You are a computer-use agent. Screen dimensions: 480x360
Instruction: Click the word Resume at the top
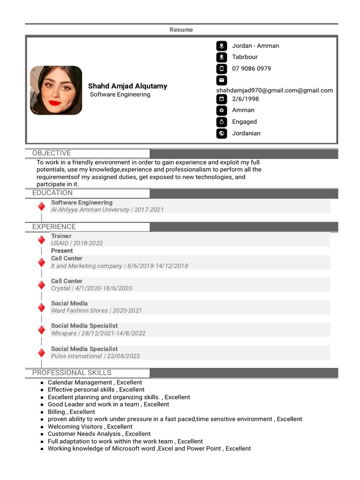click(x=181, y=30)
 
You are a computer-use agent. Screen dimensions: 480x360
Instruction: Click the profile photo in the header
click(x=56, y=90)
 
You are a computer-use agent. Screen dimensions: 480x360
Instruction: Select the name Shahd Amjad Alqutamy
click(x=127, y=86)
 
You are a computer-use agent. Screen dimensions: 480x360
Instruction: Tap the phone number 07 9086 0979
click(x=251, y=68)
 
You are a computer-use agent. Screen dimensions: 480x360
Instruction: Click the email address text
click(x=274, y=90)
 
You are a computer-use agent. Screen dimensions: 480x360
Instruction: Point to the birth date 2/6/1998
click(x=245, y=99)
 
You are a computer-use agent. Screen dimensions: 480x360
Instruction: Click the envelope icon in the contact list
click(x=221, y=80)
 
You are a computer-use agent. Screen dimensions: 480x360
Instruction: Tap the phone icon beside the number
click(x=221, y=69)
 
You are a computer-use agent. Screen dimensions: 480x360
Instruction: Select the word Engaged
click(x=244, y=121)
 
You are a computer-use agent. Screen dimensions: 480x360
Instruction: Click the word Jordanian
click(x=246, y=133)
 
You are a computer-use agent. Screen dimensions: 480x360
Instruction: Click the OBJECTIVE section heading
click(x=52, y=153)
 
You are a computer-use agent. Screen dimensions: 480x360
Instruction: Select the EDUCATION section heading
click(x=52, y=193)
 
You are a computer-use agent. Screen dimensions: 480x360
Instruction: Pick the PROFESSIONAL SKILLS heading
click(x=72, y=373)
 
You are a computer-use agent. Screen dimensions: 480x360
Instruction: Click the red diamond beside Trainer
click(x=41, y=240)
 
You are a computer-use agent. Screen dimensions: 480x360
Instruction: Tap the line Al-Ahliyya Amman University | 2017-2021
click(x=107, y=210)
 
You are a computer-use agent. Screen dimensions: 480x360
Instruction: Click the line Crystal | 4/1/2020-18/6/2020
click(x=91, y=288)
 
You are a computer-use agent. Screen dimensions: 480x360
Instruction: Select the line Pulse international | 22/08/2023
click(x=95, y=356)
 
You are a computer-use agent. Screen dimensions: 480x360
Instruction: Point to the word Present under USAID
click(x=62, y=251)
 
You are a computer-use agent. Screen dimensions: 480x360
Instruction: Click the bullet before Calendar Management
click(x=42, y=383)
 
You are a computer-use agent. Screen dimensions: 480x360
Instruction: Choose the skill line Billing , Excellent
click(x=71, y=412)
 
